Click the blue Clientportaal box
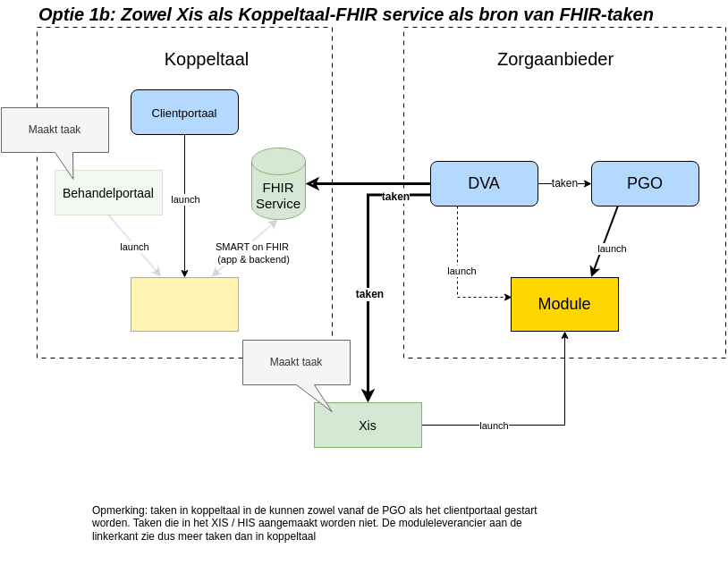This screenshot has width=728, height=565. (184, 113)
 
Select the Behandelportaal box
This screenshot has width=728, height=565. (108, 193)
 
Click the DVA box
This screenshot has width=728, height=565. (484, 183)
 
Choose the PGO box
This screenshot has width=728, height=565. (645, 183)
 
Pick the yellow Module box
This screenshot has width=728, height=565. (564, 304)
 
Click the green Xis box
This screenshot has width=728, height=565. (368, 426)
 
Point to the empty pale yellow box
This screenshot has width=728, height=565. (184, 304)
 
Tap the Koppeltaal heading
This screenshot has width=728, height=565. (207, 59)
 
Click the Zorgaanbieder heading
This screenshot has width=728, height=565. (555, 59)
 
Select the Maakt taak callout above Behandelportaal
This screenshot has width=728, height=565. (55, 130)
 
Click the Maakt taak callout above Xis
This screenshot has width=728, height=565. (296, 362)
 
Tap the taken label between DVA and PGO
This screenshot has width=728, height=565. (564, 183)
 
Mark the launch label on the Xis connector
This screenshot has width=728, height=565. (494, 426)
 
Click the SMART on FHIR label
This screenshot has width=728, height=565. (252, 253)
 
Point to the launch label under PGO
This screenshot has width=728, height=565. (612, 249)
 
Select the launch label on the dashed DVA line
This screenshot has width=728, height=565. (461, 271)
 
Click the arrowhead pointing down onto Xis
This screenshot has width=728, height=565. (368, 396)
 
